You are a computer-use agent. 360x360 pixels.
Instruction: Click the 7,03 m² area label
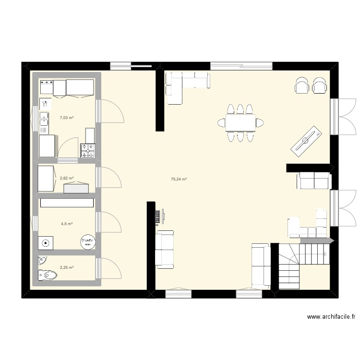(66, 117)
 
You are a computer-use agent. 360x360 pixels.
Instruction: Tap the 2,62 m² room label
(66, 178)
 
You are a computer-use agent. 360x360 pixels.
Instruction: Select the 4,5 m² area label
(66, 224)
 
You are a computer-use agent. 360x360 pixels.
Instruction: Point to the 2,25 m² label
(66, 268)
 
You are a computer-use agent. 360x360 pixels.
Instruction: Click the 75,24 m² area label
(179, 180)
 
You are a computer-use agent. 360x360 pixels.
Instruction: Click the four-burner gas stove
(88, 151)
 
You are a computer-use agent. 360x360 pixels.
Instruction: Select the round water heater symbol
(87, 242)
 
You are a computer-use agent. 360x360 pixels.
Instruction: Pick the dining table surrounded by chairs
(240, 123)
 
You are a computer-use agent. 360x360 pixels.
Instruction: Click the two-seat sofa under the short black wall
(314, 181)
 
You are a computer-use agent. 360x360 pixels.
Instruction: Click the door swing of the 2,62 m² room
(110, 178)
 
